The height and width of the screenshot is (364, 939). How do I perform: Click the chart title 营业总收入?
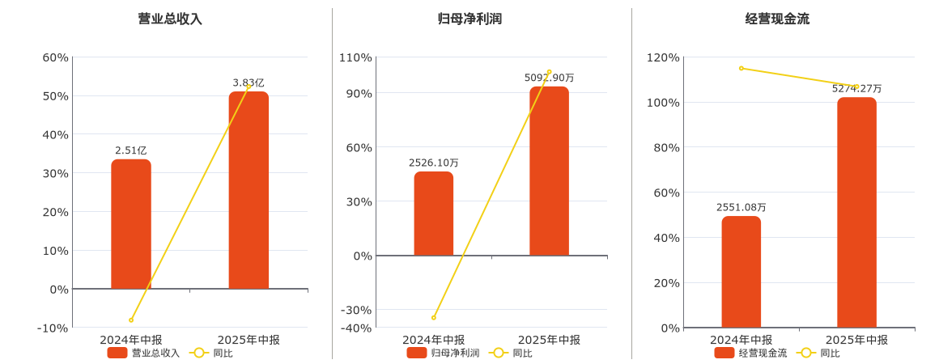pyautogui.click(x=170, y=19)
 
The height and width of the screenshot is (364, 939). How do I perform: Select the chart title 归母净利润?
pyautogui.click(x=469, y=19)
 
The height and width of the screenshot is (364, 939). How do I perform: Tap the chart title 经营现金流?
pyautogui.click(x=777, y=19)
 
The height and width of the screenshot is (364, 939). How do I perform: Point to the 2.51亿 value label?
pyautogui.click(x=131, y=150)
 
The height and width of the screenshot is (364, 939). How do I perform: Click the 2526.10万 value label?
pyautogui.click(x=434, y=163)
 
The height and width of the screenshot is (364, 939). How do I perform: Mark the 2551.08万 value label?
pyautogui.click(x=741, y=207)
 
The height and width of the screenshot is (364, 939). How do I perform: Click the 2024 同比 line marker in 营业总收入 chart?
pyautogui.click(x=131, y=320)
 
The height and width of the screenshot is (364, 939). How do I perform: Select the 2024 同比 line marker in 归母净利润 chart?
pyautogui.click(x=434, y=318)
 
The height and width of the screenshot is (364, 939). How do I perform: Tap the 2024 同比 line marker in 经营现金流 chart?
pyautogui.click(x=741, y=69)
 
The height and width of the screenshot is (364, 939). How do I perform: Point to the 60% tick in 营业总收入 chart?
pyautogui.click(x=56, y=57)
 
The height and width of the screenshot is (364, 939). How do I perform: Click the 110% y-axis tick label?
pyautogui.click(x=356, y=57)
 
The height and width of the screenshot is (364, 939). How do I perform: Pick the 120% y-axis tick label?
pyautogui.click(x=664, y=57)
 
